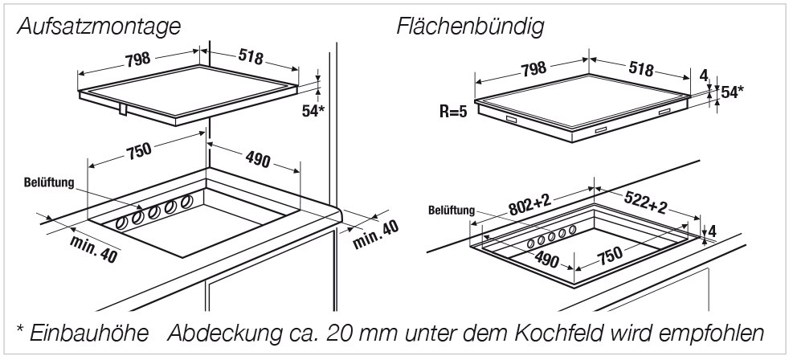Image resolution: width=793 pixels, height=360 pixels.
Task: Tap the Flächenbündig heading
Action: [x=470, y=26]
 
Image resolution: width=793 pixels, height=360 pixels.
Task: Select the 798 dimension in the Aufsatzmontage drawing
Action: [x=132, y=58]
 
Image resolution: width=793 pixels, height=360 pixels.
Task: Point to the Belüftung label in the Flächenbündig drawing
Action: [x=449, y=211]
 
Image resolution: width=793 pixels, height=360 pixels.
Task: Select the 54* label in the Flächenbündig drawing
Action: [x=731, y=93]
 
